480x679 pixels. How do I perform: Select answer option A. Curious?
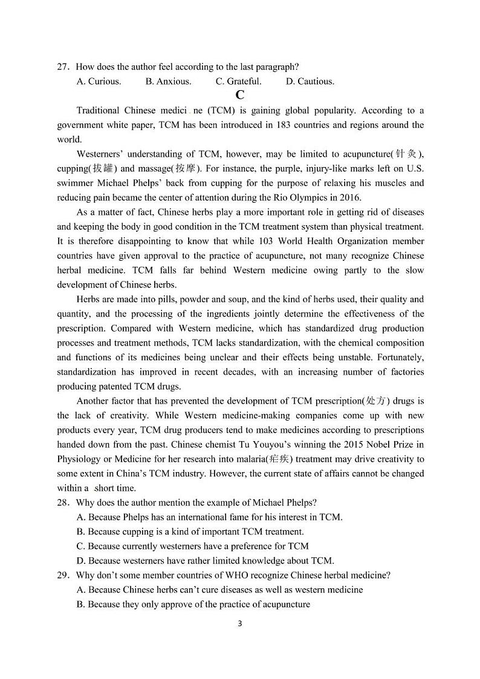[99, 81]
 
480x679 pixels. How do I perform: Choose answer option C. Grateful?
[238, 81]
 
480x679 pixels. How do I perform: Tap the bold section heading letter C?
[240, 95]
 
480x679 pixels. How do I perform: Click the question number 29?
[63, 575]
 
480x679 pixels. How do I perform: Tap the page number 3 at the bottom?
[240, 624]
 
